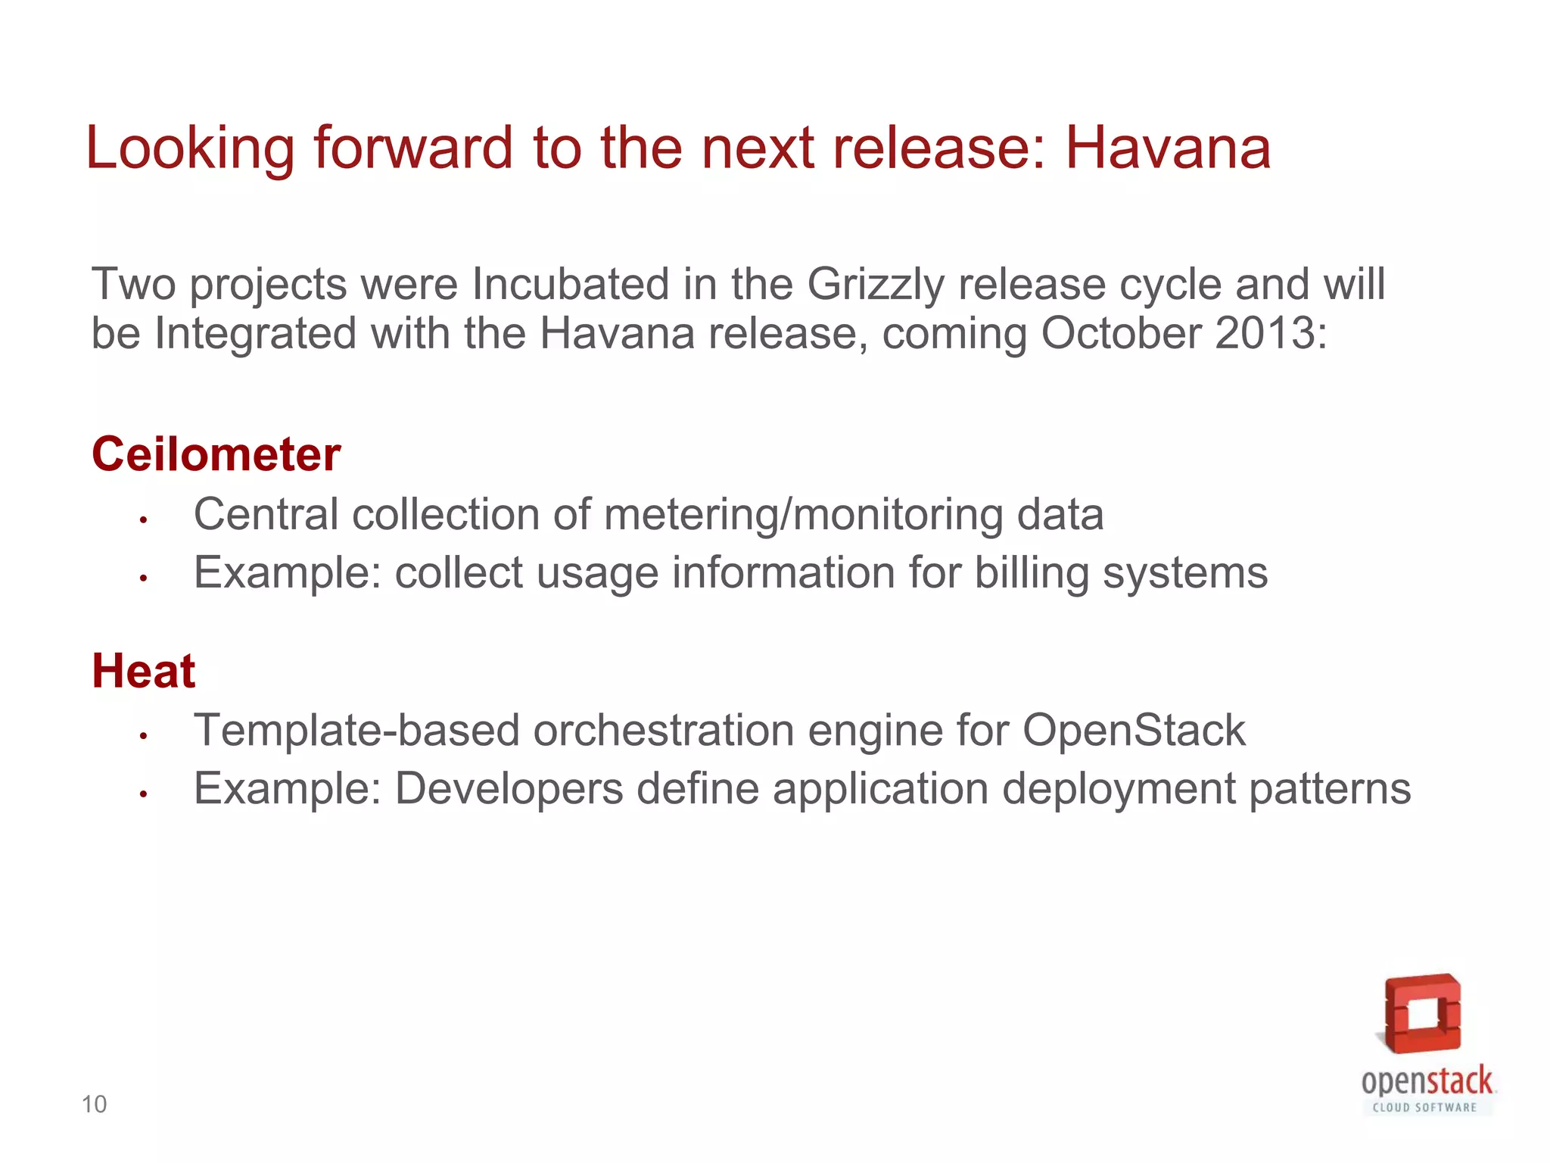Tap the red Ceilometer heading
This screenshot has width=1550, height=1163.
click(216, 454)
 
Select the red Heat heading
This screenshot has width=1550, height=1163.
click(144, 671)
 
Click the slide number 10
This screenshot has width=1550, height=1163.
click(95, 1105)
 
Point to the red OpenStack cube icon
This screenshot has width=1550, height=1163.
click(1423, 1014)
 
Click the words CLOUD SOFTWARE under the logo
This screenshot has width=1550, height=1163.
click(1424, 1108)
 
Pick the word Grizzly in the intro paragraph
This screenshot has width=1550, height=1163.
click(876, 285)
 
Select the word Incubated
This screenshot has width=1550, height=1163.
click(571, 285)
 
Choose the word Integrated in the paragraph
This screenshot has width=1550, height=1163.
click(255, 333)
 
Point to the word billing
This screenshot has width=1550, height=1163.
click(1031, 573)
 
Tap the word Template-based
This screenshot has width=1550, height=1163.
click(356, 731)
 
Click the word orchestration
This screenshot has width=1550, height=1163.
click(663, 731)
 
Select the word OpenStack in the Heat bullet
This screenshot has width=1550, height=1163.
click(1134, 731)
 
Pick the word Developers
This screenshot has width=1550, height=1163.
click(509, 789)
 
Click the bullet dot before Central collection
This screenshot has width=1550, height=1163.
click(142, 520)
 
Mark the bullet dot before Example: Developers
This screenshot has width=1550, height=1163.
click(142, 794)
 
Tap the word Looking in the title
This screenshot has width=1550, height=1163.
click(190, 148)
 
